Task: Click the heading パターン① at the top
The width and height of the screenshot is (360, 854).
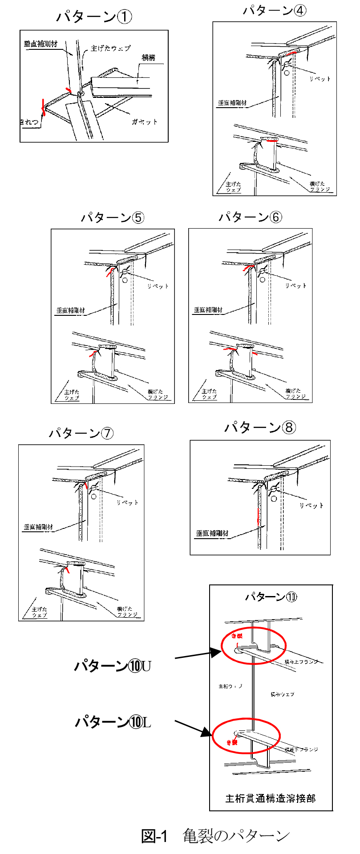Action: tap(94, 17)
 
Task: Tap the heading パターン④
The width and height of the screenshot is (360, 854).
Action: tap(275, 10)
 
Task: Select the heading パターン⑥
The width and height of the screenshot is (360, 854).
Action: tap(251, 217)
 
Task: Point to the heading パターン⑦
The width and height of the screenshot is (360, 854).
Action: tap(81, 433)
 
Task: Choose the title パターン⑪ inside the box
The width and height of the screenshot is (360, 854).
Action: tap(271, 596)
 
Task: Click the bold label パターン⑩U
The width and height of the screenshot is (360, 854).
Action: tap(113, 666)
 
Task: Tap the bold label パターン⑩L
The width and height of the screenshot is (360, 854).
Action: tap(113, 721)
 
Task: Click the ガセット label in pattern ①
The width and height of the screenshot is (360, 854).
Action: tap(145, 121)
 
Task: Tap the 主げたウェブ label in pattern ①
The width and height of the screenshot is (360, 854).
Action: tap(110, 48)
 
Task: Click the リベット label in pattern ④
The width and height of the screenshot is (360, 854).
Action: tap(320, 79)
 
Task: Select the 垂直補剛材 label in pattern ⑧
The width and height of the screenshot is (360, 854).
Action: tap(212, 533)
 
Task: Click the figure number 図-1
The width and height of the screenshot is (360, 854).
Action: tap(154, 836)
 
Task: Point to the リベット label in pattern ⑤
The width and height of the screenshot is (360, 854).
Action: tap(158, 286)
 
